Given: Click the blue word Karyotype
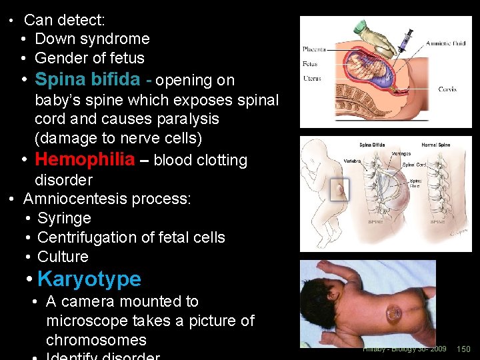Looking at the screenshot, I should point(89,279).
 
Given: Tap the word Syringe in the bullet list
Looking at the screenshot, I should point(64,218).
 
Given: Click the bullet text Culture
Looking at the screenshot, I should point(63,257).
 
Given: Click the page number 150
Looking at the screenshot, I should point(463,349).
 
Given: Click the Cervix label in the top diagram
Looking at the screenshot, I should point(447,89).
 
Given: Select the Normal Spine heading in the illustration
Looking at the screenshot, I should point(436,145).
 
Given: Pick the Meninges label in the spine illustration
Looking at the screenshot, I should point(402,154).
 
